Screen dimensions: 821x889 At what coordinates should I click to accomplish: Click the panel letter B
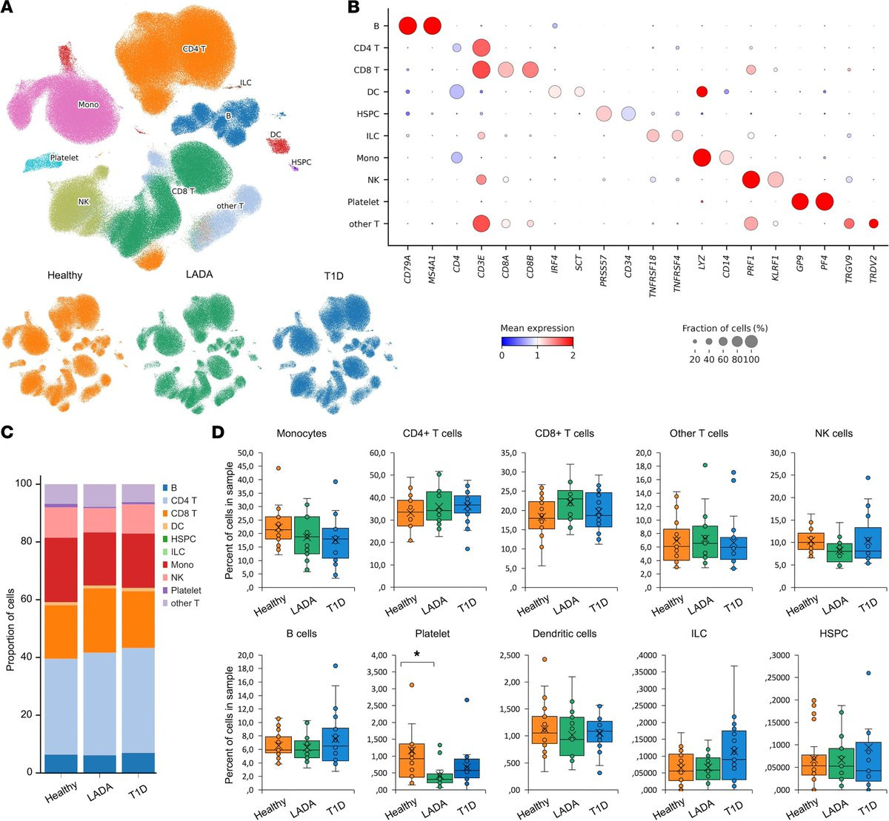click(x=353, y=8)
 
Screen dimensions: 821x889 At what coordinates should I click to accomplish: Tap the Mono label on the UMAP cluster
click(x=89, y=105)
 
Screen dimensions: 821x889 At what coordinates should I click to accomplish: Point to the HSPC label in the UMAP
click(x=302, y=162)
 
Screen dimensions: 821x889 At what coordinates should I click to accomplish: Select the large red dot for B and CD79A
click(x=407, y=27)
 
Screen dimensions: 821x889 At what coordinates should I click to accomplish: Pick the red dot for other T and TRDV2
click(x=873, y=224)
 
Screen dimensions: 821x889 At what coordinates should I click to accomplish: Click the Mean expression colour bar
click(x=538, y=341)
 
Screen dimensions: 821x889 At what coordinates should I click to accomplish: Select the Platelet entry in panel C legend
click(x=185, y=591)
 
